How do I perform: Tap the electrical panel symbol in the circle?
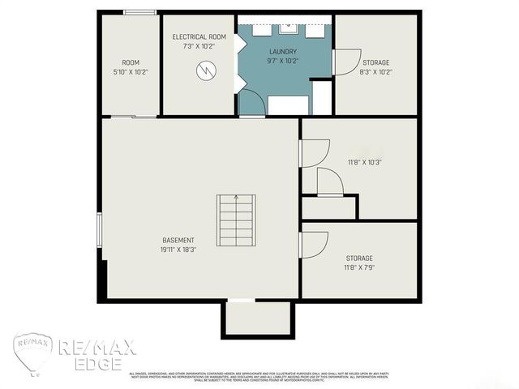coord(206,71)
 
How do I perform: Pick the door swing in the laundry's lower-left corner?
coord(251,103)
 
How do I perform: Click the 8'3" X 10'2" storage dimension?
coord(375,72)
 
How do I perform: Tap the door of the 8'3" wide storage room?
coord(346,62)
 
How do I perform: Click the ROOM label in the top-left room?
coord(131,62)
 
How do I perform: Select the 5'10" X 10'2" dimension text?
coord(131,72)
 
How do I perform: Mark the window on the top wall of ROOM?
coord(141,12)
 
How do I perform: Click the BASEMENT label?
coord(178,240)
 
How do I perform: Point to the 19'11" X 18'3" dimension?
coord(179,250)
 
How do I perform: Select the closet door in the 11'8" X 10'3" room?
coord(329,183)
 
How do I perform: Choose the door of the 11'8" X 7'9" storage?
coord(313,245)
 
